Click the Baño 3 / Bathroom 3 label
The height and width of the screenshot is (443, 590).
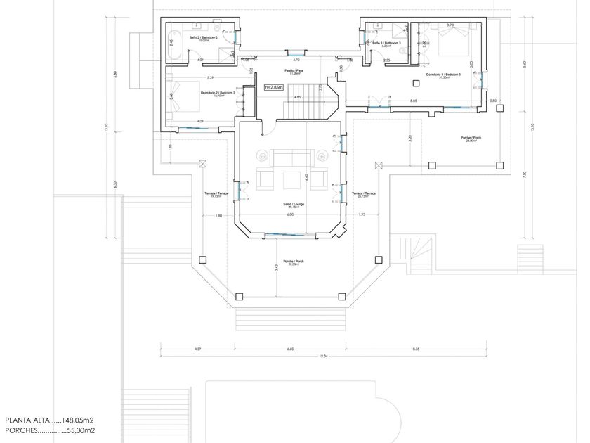coord(386,44)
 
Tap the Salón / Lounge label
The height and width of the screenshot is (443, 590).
coord(291,205)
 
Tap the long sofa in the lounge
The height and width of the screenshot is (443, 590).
coord(291,156)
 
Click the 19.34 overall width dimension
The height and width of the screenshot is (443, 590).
coord(324,357)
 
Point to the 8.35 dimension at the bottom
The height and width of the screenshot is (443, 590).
coord(416,349)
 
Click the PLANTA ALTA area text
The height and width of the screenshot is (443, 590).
coord(49,420)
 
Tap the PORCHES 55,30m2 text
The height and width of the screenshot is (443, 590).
coord(49,430)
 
